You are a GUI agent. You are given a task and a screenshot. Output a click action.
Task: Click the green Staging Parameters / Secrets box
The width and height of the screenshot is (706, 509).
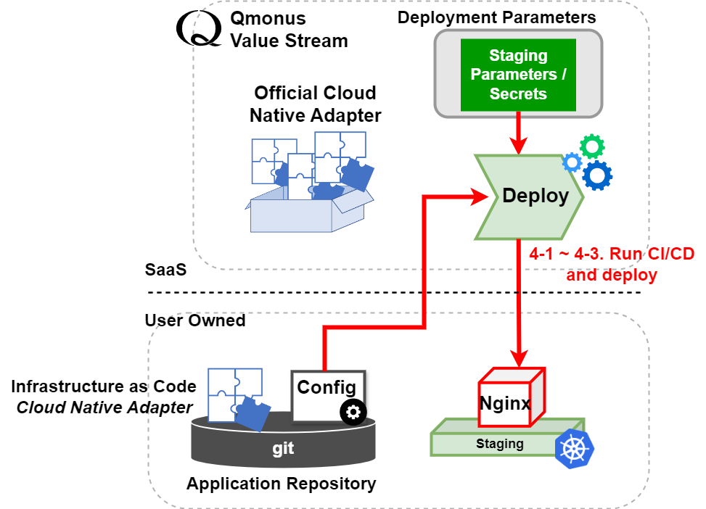tap(518, 74)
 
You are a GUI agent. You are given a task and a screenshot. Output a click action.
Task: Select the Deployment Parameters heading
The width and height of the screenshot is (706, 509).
tap(496, 17)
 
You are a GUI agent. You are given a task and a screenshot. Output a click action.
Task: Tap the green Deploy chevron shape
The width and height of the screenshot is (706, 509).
tap(530, 196)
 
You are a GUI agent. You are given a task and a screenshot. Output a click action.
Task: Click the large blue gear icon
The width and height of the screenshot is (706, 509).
tap(597, 175)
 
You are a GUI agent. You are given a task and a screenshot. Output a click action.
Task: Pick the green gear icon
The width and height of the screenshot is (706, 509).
tap(592, 146)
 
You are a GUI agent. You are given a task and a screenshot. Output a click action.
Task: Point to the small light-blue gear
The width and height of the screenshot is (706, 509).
tap(572, 162)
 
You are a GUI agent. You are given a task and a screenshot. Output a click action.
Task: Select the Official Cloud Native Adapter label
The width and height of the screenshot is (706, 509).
tap(315, 104)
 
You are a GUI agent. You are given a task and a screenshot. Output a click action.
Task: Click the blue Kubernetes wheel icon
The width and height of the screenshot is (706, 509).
tap(573, 449)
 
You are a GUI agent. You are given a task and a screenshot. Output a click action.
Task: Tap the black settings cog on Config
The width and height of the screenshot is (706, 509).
tap(353, 412)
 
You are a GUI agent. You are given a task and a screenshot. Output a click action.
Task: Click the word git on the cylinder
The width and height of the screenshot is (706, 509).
tap(283, 448)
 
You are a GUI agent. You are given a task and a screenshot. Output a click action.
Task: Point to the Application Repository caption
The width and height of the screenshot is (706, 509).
tap(282, 484)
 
